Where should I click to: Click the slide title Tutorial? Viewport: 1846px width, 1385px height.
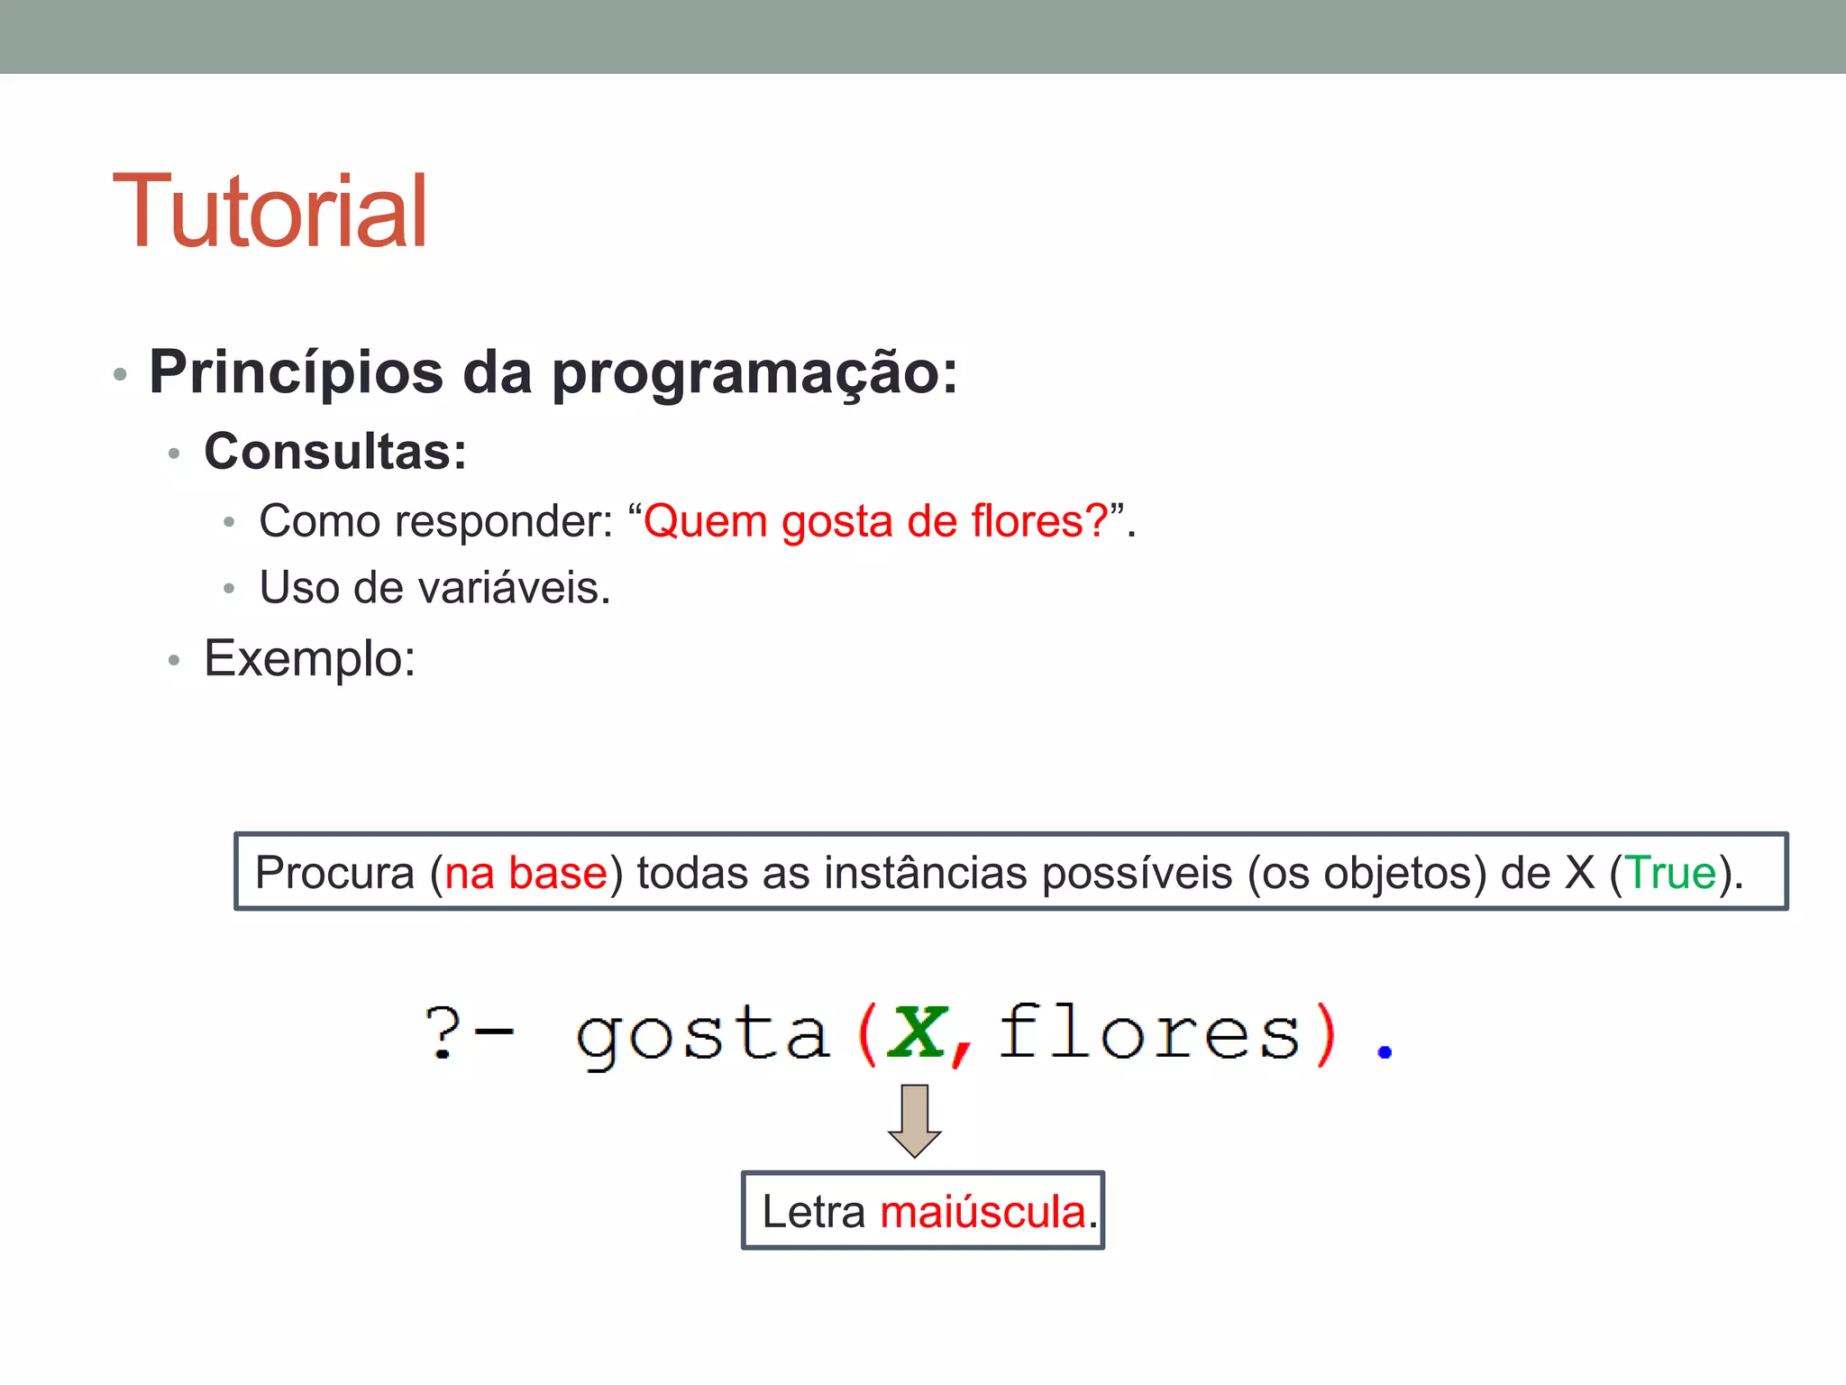click(x=270, y=211)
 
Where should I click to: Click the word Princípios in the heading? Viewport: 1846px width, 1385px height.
click(x=296, y=372)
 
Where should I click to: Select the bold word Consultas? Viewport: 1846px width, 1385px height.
click(x=335, y=451)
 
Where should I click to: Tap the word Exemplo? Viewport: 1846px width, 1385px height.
click(x=309, y=659)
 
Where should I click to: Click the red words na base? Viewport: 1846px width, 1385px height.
click(x=526, y=873)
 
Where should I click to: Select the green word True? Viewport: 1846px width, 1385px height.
click(x=1670, y=873)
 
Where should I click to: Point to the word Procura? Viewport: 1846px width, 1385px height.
click(x=334, y=873)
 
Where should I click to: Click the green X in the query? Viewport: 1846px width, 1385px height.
click(x=917, y=1032)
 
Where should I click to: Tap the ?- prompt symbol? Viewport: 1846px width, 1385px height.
click(x=469, y=1032)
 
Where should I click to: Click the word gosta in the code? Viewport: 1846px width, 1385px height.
click(x=701, y=1035)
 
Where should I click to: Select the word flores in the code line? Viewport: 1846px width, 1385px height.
click(x=1149, y=1032)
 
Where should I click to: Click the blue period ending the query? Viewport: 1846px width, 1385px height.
click(x=1384, y=1051)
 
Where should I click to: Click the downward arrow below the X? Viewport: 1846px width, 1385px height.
click(x=914, y=1121)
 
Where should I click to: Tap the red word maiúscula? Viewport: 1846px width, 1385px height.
click(x=982, y=1212)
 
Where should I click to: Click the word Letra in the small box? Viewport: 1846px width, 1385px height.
click(x=813, y=1212)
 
